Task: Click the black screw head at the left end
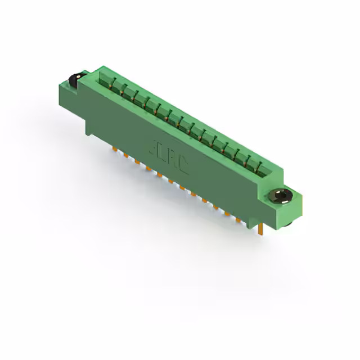pyautogui.click(x=74, y=80)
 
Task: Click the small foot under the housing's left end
pyautogui.click(x=90, y=130)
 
